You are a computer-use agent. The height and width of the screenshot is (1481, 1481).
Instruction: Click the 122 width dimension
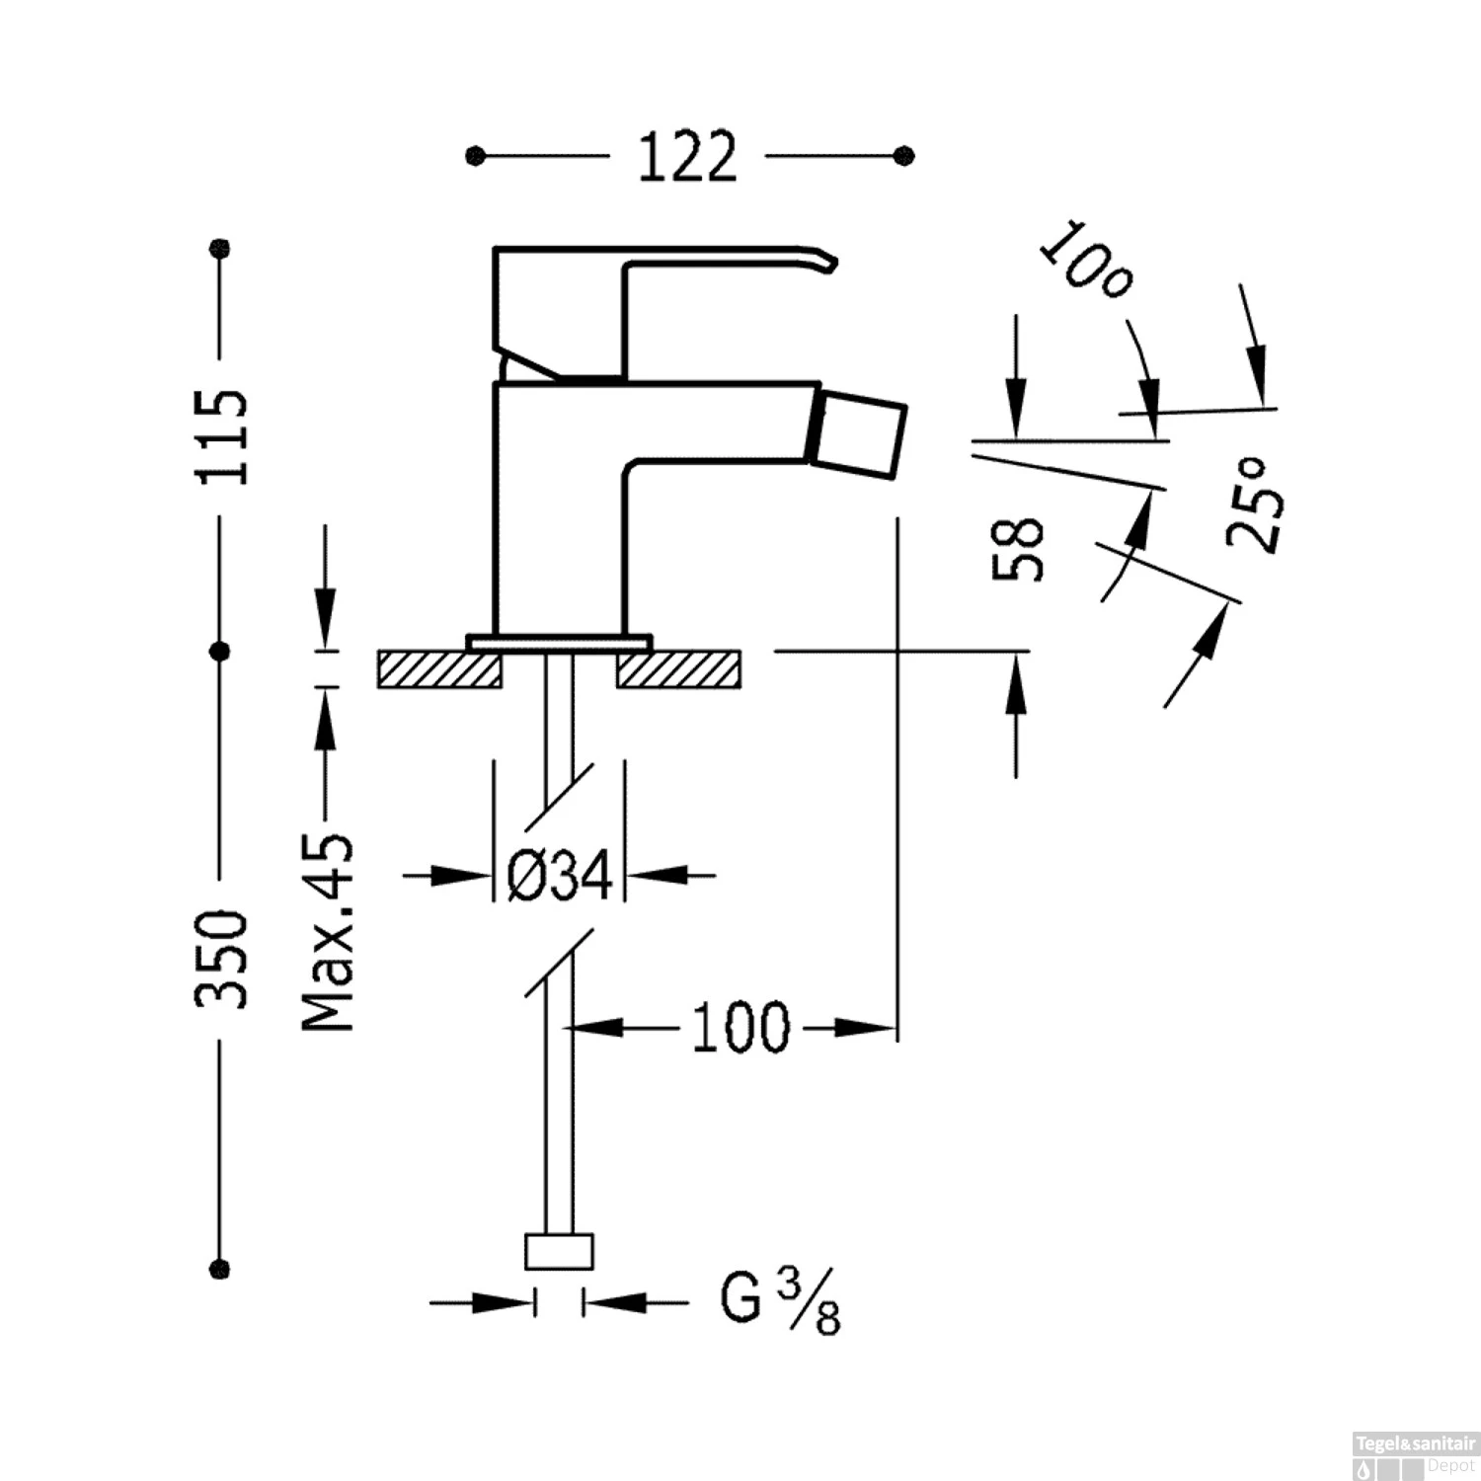(687, 157)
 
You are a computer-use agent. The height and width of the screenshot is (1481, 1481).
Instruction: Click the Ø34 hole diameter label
(559, 875)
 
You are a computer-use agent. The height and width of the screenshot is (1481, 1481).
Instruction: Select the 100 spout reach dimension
(740, 1028)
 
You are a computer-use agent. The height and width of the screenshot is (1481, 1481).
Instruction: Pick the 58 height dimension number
(1018, 549)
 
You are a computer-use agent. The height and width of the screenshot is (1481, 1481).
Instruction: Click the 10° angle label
(1085, 262)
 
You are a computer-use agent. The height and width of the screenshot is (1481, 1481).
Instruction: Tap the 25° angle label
(1255, 505)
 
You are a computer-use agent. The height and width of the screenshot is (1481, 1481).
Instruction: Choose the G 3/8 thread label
(779, 1302)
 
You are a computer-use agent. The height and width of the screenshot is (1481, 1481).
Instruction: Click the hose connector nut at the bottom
(559, 1251)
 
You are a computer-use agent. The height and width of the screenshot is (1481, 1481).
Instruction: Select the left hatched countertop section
(439, 669)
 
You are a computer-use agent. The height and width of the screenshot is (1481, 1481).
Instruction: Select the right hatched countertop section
(679, 669)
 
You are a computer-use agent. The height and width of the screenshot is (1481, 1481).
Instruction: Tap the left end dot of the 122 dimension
(476, 156)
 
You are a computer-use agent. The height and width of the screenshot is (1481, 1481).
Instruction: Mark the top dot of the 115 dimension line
(221, 247)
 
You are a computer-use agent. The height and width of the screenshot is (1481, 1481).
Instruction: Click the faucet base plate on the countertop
(560, 641)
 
